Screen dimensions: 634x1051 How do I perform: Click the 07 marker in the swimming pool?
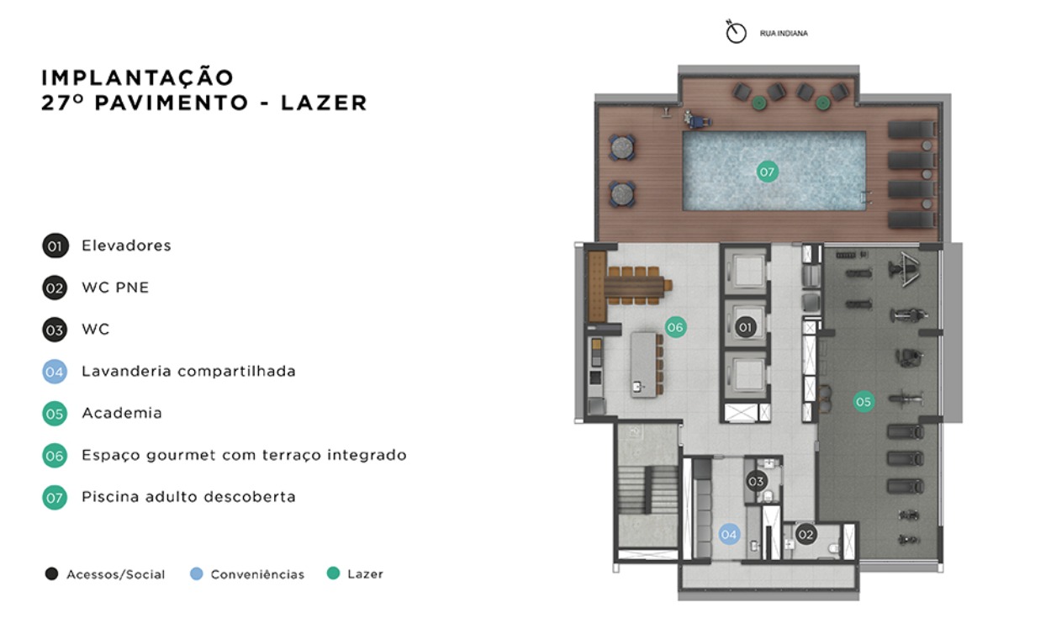(766, 172)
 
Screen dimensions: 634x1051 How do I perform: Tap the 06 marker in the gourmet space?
(675, 327)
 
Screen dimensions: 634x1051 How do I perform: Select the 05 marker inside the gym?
(864, 402)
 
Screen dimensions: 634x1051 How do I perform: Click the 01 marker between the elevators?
(744, 326)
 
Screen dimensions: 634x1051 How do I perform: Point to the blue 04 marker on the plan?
(728, 534)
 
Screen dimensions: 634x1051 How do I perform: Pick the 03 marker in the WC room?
(756, 482)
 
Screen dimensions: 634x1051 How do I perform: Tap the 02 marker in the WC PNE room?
(806, 534)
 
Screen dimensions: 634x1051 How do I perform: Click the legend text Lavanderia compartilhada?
(188, 371)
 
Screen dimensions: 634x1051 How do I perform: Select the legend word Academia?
(122, 413)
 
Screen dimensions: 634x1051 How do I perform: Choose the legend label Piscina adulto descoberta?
(188, 497)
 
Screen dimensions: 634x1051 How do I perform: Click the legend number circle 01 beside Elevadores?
(55, 246)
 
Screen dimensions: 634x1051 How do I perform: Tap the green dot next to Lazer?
(334, 573)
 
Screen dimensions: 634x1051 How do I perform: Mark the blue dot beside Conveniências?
(197, 574)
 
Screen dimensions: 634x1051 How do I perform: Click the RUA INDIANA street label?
(783, 34)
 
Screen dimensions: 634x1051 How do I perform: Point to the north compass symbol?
(737, 33)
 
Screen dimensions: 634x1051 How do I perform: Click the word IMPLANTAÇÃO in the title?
(138, 77)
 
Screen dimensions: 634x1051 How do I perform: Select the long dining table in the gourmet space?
(638, 285)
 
